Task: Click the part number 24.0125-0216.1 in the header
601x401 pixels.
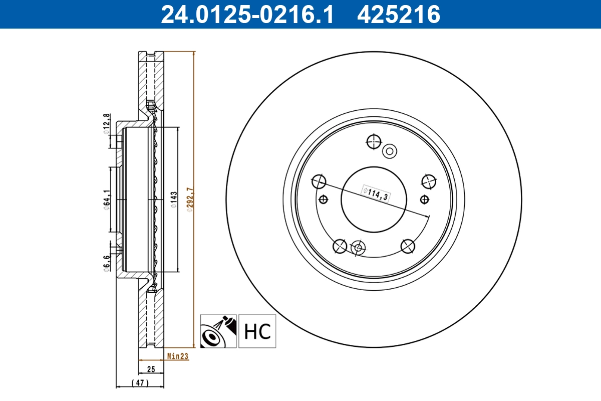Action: click(246, 14)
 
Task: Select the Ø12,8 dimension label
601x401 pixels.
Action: click(106, 123)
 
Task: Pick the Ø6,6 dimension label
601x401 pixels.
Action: click(106, 263)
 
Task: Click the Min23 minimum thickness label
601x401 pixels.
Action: click(177, 357)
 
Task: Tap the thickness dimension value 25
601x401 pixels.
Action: click(151, 369)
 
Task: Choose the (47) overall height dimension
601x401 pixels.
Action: click(140, 383)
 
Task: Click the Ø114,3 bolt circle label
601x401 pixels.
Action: click(376, 193)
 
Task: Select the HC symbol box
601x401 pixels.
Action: click(257, 331)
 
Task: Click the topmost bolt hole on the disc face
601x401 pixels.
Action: click(374, 142)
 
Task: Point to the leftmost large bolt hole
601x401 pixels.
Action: click(319, 181)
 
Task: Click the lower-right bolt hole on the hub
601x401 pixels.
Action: click(408, 246)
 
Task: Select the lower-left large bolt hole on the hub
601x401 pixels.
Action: click(340, 246)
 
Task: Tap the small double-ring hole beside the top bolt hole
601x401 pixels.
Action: click(389, 151)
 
